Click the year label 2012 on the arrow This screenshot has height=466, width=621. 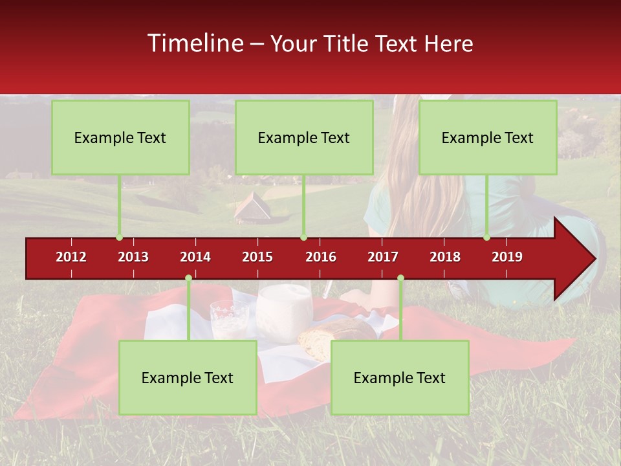pyautogui.click(x=71, y=257)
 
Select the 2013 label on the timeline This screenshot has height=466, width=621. pyautogui.click(x=133, y=257)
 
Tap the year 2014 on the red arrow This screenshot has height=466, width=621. pyautogui.click(x=195, y=257)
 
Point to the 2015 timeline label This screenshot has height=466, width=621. pyautogui.click(x=257, y=257)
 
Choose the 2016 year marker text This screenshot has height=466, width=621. pyautogui.click(x=321, y=257)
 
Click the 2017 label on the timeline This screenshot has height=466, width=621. pyautogui.click(x=383, y=257)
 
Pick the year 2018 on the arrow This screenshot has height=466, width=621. pyautogui.click(x=445, y=257)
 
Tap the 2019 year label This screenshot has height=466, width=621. pyautogui.click(x=507, y=257)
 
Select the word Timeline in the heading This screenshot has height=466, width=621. pyautogui.click(x=195, y=43)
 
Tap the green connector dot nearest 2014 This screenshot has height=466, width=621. pyautogui.click(x=188, y=278)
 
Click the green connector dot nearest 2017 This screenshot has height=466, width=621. pyautogui.click(x=400, y=278)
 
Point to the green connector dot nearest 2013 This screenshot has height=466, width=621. pyautogui.click(x=119, y=237)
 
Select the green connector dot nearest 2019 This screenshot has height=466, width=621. pyautogui.click(x=486, y=237)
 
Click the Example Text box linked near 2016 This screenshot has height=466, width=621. pyautogui.click(x=304, y=137)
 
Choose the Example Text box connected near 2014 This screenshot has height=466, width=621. pyautogui.click(x=188, y=377)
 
